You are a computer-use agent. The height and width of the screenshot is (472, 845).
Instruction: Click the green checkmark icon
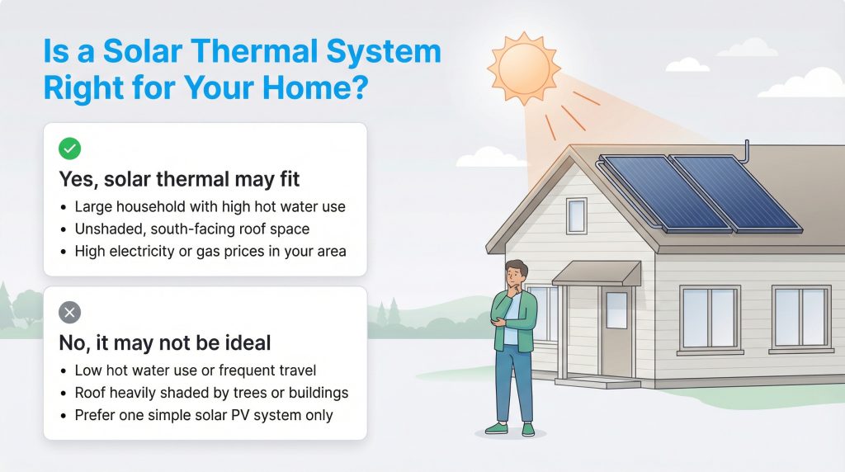(x=70, y=149)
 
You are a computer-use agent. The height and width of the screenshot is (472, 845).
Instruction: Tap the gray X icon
(x=70, y=312)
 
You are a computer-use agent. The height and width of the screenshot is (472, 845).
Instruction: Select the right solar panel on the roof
(x=733, y=191)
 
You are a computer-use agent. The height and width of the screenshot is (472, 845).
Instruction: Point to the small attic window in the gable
(x=576, y=215)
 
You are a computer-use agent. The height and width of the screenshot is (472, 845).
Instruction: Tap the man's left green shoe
(x=495, y=428)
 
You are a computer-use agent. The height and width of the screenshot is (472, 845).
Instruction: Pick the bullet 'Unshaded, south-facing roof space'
(x=191, y=229)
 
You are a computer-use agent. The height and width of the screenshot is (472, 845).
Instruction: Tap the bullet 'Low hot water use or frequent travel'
(x=195, y=371)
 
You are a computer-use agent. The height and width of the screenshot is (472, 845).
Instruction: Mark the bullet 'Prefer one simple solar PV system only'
(x=203, y=414)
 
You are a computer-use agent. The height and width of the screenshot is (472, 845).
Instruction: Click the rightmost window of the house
(x=800, y=318)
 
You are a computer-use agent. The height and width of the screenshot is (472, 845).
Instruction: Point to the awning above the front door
(x=597, y=273)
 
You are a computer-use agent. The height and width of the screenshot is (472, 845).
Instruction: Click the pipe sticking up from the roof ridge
(x=747, y=152)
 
